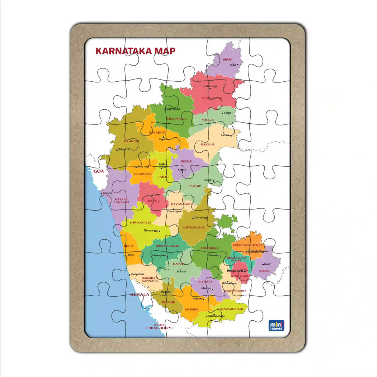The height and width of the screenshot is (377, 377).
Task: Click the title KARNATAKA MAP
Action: [135, 51]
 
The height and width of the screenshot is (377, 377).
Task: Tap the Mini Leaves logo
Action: [276, 325]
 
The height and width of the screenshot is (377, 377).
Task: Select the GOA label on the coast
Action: [98, 171]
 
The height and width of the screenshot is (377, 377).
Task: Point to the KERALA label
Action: [140, 295]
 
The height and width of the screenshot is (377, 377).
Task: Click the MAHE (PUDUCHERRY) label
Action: [159, 326]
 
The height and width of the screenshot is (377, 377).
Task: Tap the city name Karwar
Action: [108, 193]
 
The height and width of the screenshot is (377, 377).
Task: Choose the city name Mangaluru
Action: [137, 274]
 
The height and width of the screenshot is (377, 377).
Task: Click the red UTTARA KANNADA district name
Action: [121, 201]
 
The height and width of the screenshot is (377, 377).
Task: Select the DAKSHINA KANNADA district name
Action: [150, 279]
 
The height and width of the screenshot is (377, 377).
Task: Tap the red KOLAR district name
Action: [264, 271]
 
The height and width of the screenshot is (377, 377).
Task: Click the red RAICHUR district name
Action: [208, 144]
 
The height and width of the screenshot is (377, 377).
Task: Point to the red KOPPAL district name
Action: [187, 161]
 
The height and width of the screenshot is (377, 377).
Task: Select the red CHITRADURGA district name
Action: [194, 228]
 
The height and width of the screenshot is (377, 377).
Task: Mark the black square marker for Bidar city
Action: [238, 64]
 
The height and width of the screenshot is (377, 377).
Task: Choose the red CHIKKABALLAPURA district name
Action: [248, 244]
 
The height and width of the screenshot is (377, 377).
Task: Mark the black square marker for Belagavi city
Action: [117, 149]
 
